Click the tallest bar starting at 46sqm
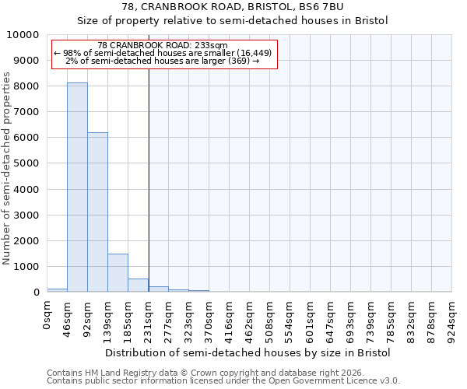(77, 187)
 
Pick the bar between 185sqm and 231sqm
(138, 285)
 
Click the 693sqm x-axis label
(351, 318)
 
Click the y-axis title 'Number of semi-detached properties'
(7, 168)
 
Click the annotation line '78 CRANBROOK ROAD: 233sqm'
(163, 46)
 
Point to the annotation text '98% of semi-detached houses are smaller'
(163, 53)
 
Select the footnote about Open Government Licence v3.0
(223, 381)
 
